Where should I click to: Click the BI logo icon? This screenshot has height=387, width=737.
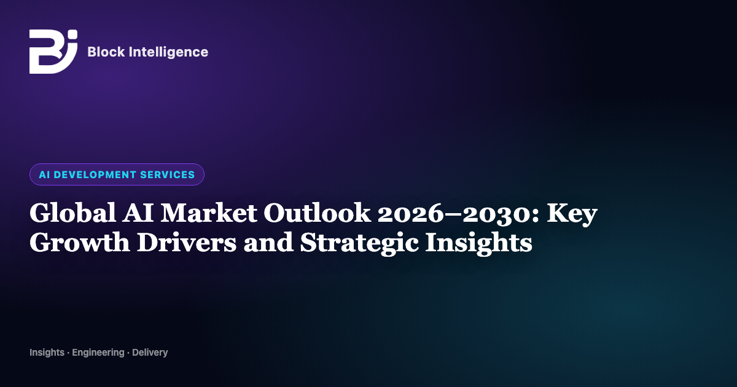click(53, 52)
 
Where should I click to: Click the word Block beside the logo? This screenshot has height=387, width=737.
click(106, 52)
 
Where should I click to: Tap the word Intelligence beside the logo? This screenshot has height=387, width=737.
click(168, 52)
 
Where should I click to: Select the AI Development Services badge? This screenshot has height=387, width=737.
click(117, 174)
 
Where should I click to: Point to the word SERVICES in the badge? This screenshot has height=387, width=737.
click(168, 174)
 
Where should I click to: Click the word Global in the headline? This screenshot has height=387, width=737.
click(72, 213)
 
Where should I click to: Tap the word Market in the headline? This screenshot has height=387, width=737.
click(209, 213)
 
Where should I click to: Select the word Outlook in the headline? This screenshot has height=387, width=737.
click(317, 213)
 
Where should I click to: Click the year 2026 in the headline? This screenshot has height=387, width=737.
click(411, 214)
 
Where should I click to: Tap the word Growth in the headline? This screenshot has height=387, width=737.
click(80, 242)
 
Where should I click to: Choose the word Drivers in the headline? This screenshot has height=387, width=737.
click(187, 242)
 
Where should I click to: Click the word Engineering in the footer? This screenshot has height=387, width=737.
click(98, 353)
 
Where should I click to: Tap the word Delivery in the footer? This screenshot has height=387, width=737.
click(150, 353)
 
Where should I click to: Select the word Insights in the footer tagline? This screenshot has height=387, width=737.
click(47, 353)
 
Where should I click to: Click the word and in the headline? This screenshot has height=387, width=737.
click(268, 242)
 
